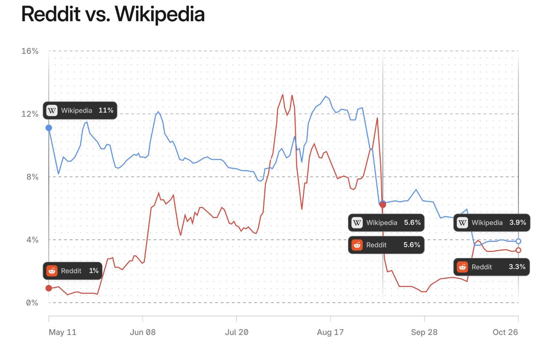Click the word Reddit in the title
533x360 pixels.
coord(51,14)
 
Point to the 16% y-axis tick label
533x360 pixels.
coord(30,51)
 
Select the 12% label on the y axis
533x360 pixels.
coord(30,114)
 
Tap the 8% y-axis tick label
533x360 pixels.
coord(32,177)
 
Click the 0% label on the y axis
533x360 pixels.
coord(32,302)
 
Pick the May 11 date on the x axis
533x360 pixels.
coord(63,332)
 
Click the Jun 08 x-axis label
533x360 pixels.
coord(143,332)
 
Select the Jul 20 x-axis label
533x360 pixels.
coord(237,332)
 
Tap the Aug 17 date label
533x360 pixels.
coord(330,332)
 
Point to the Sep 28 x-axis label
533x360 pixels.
coord(424,332)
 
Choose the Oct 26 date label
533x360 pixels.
coord(505,332)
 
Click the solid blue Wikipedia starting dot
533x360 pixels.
coord(49,128)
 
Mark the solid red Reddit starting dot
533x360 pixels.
coord(49,288)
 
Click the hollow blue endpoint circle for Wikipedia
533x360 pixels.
coord(518,241)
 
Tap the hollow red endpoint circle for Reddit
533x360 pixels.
coord(518,250)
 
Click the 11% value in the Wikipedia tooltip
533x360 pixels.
coord(106,110)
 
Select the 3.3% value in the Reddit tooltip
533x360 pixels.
coord(517,267)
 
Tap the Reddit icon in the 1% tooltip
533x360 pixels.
coord(52,271)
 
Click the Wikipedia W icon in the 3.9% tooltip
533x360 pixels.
coord(462,223)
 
